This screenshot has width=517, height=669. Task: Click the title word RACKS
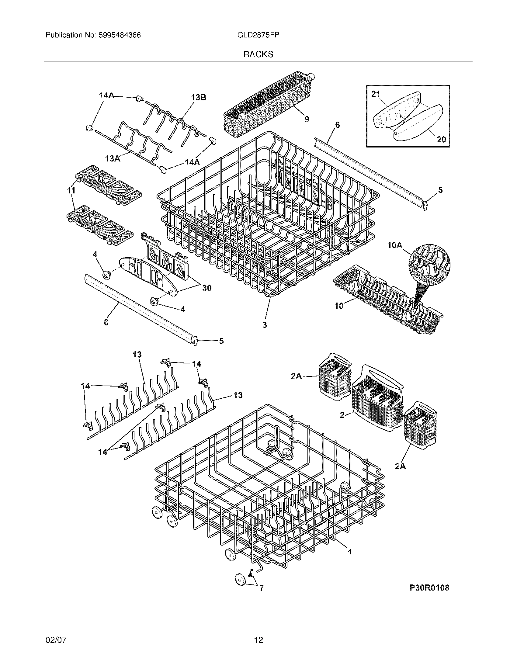[258, 54]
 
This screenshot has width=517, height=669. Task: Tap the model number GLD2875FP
[258, 35]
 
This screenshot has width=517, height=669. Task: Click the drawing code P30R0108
[429, 588]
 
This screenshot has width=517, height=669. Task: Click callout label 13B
[199, 97]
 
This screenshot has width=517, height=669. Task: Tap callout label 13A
[113, 158]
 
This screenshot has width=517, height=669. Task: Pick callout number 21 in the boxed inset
[376, 94]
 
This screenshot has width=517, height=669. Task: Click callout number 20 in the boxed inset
[441, 139]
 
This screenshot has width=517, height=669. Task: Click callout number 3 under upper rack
[265, 325]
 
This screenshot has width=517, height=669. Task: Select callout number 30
[207, 288]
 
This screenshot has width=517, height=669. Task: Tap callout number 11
[71, 190]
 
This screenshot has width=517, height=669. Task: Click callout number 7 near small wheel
[261, 588]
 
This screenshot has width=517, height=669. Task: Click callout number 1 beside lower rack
[349, 552]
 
